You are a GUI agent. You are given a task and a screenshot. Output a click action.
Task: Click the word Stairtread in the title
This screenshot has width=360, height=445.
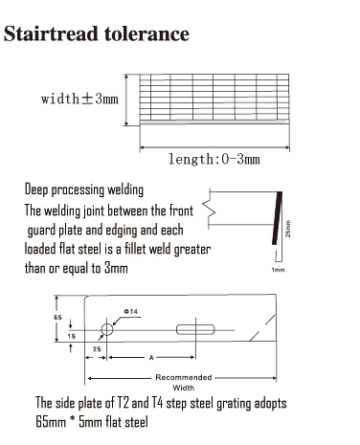[x=52, y=35]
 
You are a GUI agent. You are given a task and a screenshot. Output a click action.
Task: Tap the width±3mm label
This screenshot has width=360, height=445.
[x=79, y=99]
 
